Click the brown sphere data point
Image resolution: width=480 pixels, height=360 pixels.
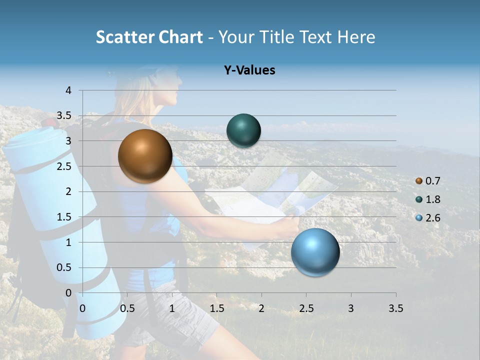point(145,156)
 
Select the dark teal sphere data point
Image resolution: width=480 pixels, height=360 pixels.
point(243,130)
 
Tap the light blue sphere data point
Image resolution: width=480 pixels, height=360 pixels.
point(315,252)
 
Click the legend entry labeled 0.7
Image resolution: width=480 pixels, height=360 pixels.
point(428,181)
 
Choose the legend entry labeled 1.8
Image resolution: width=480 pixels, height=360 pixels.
point(428,199)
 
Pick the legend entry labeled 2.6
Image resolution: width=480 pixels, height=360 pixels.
point(428,218)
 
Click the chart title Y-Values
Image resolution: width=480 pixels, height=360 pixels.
point(249,70)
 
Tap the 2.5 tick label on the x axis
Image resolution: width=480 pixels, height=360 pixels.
point(306,308)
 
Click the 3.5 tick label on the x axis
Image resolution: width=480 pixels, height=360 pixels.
point(395,308)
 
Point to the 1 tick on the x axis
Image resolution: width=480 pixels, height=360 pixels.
point(172,308)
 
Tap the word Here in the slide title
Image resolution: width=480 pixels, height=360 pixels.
point(355,37)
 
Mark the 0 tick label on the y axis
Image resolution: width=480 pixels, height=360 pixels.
point(68,293)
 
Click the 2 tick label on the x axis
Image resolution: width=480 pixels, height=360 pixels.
point(261,308)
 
